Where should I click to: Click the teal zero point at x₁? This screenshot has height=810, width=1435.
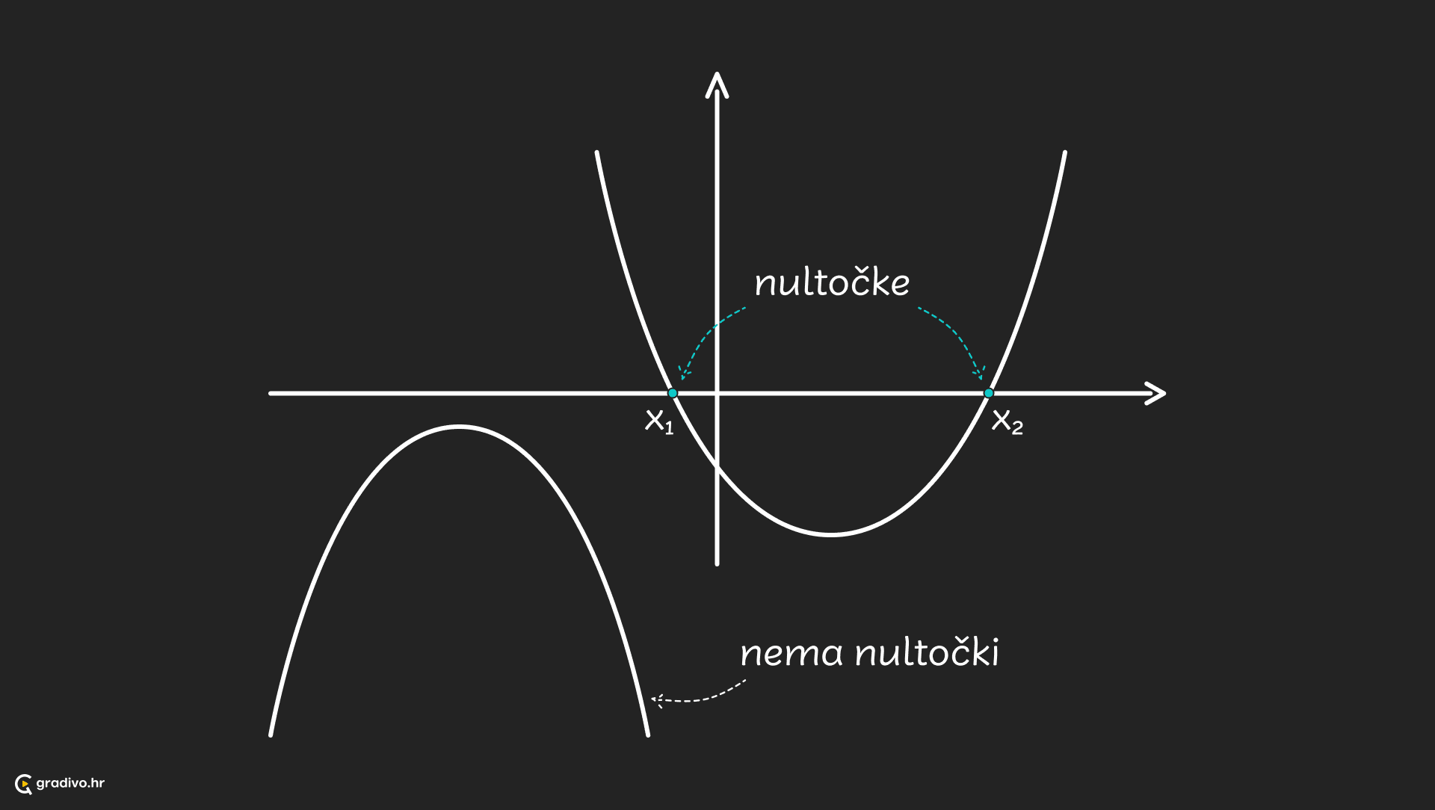[673, 393]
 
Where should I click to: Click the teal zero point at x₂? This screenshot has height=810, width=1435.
[989, 393]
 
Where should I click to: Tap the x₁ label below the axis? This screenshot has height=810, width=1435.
[659, 421]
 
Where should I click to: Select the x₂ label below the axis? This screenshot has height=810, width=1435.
[1007, 422]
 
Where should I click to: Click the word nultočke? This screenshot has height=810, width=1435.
[832, 283]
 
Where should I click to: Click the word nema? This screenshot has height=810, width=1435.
[791, 654]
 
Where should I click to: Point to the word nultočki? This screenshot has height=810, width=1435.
[927, 652]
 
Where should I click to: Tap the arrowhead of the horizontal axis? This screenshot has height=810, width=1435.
[1157, 393]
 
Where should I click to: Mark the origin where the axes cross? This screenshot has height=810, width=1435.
[717, 393]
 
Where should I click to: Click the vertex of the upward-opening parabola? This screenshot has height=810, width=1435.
[831, 534]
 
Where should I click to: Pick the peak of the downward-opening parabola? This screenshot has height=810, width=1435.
[459, 427]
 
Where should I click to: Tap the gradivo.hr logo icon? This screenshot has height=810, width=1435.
[24, 784]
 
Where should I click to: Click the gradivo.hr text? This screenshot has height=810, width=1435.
[70, 783]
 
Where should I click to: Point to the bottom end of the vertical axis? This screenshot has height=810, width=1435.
[717, 563]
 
